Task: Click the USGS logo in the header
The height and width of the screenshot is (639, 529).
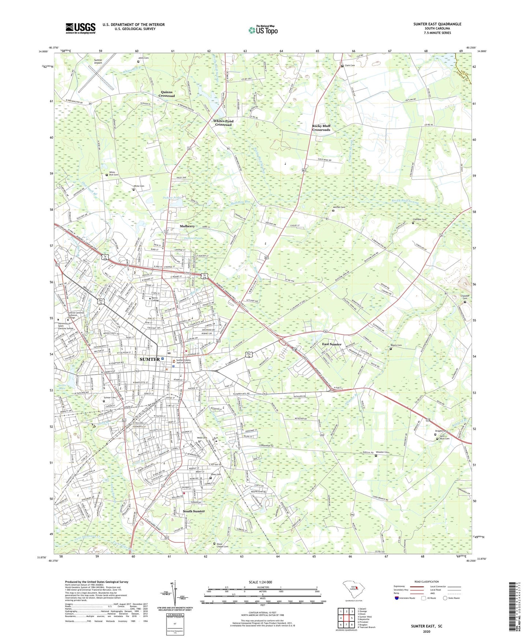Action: (x=81, y=28)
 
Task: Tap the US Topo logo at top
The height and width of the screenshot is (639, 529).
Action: (x=262, y=30)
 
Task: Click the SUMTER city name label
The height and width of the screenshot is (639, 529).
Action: (x=150, y=359)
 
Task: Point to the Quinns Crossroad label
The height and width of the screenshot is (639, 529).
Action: (x=167, y=94)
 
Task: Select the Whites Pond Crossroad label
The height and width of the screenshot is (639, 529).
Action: (x=223, y=123)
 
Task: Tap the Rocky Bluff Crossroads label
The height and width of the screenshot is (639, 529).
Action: (x=321, y=128)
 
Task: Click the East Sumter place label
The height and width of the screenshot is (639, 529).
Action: (x=332, y=344)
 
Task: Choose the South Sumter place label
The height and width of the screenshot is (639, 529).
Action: (x=194, y=511)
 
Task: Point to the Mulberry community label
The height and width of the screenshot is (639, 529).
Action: (x=187, y=226)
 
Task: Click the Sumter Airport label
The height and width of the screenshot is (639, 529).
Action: (x=98, y=61)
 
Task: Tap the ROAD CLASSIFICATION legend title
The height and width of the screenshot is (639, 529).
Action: (x=426, y=582)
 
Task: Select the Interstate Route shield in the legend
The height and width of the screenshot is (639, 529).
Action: (x=398, y=598)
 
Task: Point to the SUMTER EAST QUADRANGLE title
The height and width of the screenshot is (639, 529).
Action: (x=437, y=24)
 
